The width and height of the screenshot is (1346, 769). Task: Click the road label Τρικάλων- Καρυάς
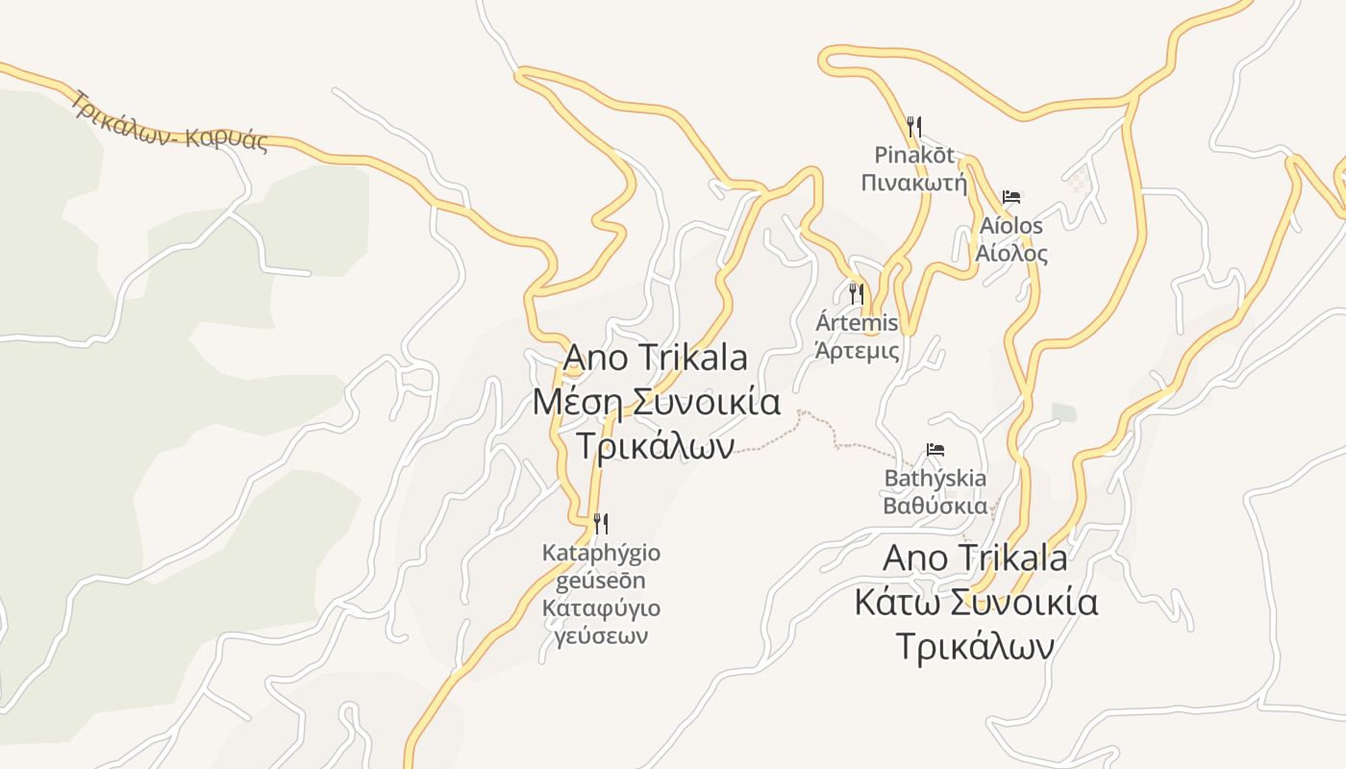(x=168, y=122)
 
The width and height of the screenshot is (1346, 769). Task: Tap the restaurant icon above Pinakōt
(x=914, y=125)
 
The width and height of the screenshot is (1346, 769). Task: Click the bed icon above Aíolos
(x=1010, y=197)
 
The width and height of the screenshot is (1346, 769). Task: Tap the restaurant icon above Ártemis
(x=856, y=292)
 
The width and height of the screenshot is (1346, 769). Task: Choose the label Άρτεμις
(x=857, y=350)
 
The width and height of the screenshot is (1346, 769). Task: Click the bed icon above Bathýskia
(x=935, y=449)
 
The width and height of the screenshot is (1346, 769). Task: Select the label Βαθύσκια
(x=935, y=506)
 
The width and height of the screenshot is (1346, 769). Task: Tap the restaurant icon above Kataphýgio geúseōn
(x=601, y=523)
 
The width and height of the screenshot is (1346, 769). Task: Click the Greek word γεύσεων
(x=602, y=635)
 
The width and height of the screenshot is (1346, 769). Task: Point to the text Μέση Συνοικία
(x=656, y=402)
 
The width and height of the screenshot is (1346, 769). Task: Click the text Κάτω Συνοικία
(x=976, y=603)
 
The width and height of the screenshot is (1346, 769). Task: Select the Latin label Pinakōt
(x=914, y=155)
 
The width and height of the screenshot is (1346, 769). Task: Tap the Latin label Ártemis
(x=857, y=322)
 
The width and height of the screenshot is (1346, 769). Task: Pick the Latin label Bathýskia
(x=935, y=478)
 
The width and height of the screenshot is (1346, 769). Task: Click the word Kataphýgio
(x=602, y=553)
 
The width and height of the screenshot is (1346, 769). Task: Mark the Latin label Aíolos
(x=1010, y=226)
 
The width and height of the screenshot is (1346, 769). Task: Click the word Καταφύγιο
(x=602, y=608)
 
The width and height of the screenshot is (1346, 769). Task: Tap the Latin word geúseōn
(x=602, y=581)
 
